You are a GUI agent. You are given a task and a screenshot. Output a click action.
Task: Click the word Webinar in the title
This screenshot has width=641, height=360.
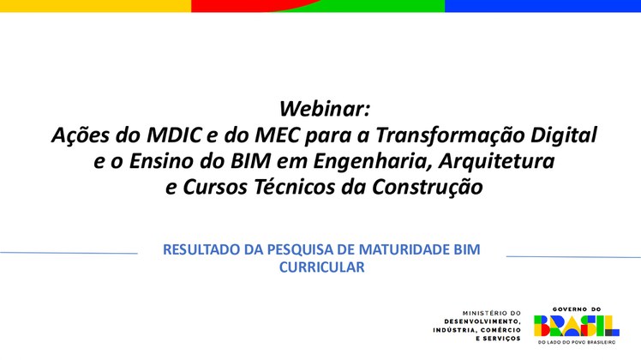click(324, 109)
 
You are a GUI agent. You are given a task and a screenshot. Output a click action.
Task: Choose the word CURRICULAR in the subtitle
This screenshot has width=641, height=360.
click(322, 267)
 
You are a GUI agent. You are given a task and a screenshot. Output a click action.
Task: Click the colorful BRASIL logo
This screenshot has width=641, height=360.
click(576, 325)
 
